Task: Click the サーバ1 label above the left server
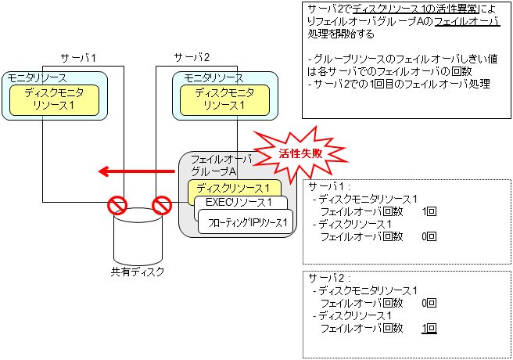tap(78, 58)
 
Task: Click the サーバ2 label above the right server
tap(192, 58)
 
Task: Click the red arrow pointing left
tap(134, 171)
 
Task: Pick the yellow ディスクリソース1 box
tap(234, 189)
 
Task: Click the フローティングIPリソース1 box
tap(247, 222)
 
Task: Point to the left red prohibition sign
tap(117, 206)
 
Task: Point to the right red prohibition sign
tap(162, 206)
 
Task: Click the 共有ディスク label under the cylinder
tap(138, 272)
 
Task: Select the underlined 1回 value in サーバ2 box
tap(429, 329)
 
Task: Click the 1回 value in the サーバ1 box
tap(429, 211)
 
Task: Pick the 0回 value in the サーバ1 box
tap(429, 236)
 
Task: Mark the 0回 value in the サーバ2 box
tap(429, 303)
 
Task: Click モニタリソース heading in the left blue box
tap(38, 78)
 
